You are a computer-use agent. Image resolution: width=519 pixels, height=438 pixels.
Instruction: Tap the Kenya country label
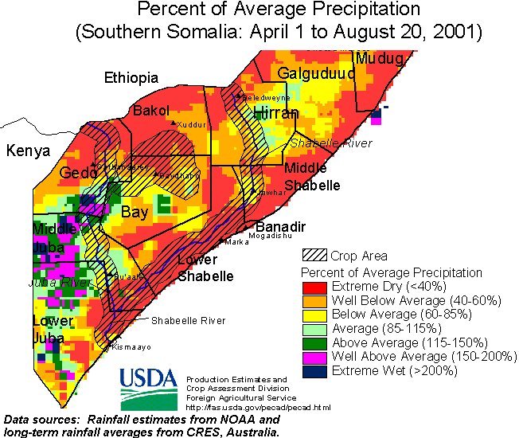(28, 151)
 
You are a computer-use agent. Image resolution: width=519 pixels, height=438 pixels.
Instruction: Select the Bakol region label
(151, 110)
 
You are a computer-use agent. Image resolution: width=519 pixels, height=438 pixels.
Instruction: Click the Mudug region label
(380, 58)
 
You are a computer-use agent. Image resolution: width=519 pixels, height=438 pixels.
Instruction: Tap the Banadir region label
(280, 227)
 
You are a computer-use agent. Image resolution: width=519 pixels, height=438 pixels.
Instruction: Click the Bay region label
(135, 212)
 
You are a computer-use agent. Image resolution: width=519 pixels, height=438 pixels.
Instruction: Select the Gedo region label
(78, 174)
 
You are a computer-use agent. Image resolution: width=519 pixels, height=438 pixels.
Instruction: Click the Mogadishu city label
(271, 237)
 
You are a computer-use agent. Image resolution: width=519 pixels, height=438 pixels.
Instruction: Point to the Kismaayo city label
(131, 347)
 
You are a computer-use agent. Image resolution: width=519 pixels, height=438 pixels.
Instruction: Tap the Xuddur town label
(192, 125)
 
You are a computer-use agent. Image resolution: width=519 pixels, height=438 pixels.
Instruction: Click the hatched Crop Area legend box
(315, 256)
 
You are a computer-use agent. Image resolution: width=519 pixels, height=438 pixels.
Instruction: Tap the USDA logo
(148, 388)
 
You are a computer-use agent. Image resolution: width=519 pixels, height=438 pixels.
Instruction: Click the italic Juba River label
(60, 283)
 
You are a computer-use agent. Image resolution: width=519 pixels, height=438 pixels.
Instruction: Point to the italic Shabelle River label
(330, 143)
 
